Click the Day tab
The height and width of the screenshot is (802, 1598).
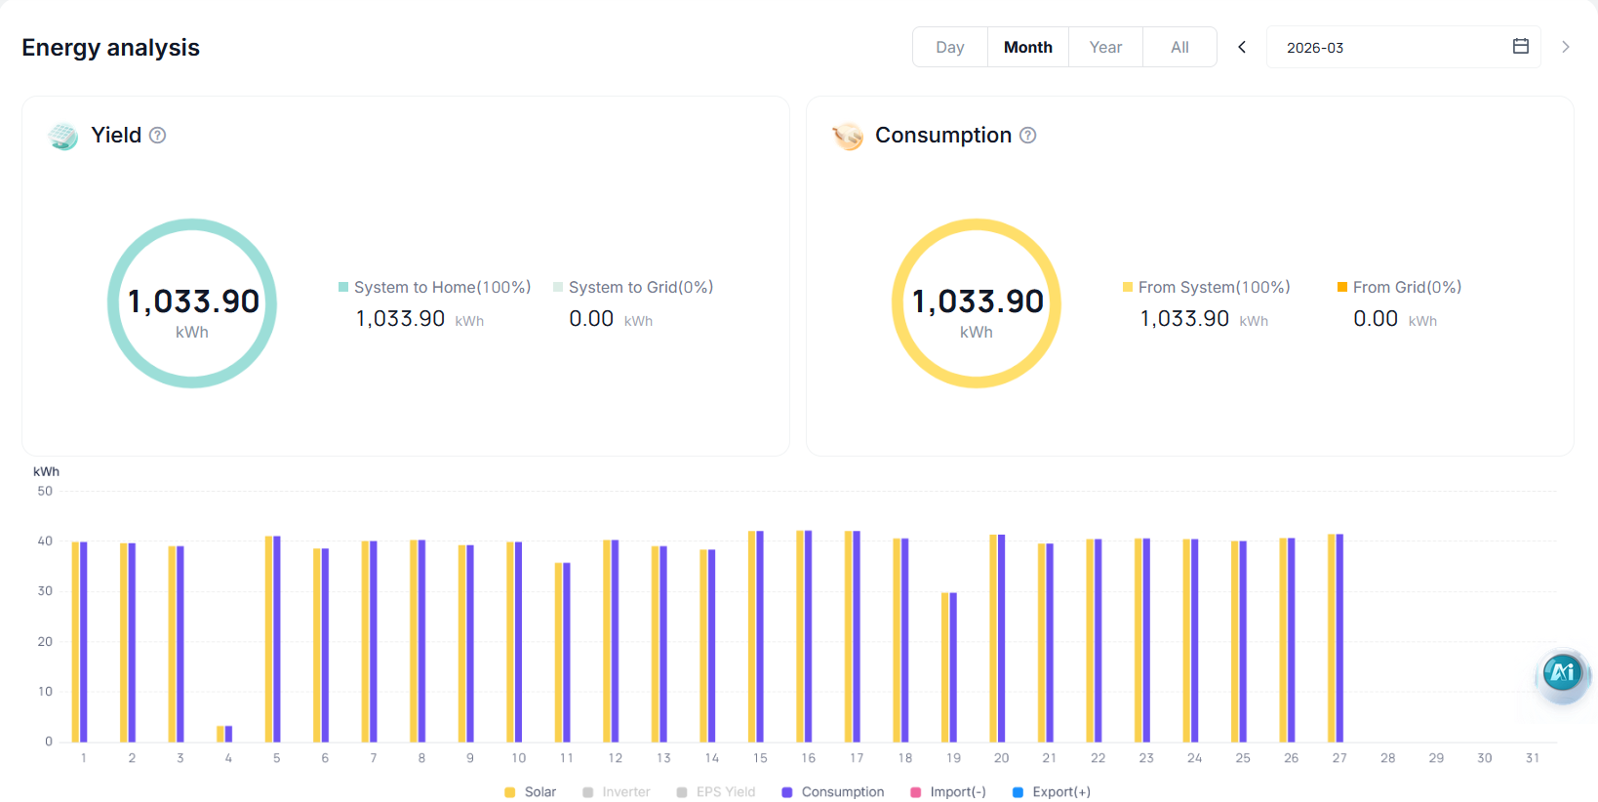[x=949, y=47]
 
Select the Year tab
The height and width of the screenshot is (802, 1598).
[x=1105, y=47]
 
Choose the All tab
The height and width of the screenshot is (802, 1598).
[x=1179, y=47]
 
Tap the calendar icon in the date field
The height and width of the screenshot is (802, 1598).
[x=1520, y=47]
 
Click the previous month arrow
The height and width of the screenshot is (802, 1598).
[x=1242, y=47]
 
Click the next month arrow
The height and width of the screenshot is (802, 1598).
[x=1566, y=47]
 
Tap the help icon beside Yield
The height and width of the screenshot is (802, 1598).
[x=158, y=136]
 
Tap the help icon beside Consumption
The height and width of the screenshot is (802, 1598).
[x=1027, y=136]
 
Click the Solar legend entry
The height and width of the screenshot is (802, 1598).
[x=530, y=792]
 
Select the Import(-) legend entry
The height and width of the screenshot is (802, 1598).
[x=948, y=792]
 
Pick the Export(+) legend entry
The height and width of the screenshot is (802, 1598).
[x=1052, y=792]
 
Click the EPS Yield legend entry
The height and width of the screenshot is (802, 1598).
[x=715, y=792]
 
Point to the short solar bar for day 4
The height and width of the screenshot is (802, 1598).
[x=220, y=734]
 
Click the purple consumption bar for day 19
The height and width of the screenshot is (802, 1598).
[x=953, y=667]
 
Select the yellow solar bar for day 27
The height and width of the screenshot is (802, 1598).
[x=1332, y=639]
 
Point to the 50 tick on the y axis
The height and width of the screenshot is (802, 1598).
[x=45, y=491]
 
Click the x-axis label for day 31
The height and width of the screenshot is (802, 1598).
[x=1533, y=758]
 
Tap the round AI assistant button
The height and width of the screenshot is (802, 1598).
[x=1562, y=672]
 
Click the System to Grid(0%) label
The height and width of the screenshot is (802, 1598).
[x=641, y=287]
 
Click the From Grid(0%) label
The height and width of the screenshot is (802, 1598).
[x=1407, y=287]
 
